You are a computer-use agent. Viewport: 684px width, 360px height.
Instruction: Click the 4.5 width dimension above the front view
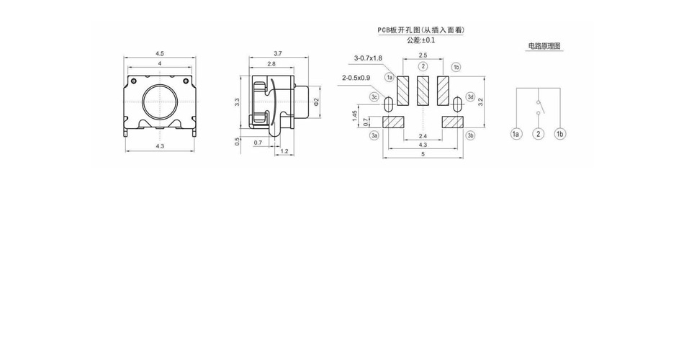160,54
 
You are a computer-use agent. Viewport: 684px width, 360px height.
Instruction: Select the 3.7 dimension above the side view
278,54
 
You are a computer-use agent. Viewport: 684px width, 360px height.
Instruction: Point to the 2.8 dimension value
271,63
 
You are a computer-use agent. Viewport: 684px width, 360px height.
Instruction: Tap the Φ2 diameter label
317,102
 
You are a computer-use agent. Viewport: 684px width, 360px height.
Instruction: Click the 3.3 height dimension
237,102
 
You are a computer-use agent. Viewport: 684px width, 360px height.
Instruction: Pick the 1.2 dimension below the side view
284,151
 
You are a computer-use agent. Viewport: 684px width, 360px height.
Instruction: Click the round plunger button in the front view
160,102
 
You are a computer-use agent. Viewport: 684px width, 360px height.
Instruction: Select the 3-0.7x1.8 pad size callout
368,58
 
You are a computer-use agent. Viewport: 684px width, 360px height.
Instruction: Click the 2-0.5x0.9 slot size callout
356,78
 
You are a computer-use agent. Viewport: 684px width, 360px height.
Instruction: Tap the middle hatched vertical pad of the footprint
423,91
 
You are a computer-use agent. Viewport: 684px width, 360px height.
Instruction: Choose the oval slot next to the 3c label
389,104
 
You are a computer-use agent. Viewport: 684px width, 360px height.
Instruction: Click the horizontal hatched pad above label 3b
452,122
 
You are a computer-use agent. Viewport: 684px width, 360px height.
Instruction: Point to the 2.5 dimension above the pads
423,55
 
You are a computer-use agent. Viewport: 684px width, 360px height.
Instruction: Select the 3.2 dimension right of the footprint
480,102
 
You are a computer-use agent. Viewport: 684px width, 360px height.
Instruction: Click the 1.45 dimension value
355,116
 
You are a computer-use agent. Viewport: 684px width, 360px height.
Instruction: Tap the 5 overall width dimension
423,154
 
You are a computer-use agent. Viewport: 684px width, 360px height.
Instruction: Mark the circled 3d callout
470,97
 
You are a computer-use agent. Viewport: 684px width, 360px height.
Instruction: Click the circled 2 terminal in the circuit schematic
539,134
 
